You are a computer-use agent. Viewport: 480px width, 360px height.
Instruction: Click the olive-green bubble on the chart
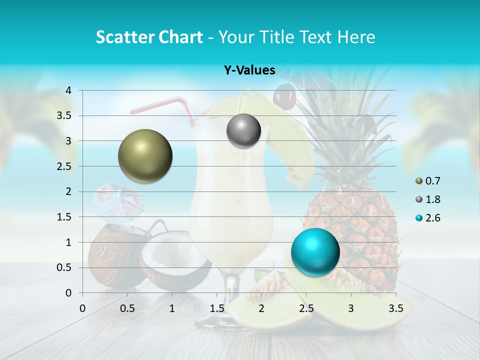tap(145, 156)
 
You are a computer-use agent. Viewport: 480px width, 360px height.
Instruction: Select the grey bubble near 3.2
tap(243, 130)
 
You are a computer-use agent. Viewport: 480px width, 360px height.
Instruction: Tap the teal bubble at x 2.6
tap(315, 252)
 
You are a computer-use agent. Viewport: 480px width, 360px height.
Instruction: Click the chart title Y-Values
tap(249, 70)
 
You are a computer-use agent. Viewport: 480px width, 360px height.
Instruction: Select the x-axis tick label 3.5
tap(395, 308)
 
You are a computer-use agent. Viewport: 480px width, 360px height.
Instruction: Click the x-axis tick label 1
tap(172, 308)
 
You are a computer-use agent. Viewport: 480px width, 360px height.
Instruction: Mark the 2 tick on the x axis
tap(261, 308)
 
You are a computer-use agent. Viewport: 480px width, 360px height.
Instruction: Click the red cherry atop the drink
tap(284, 96)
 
